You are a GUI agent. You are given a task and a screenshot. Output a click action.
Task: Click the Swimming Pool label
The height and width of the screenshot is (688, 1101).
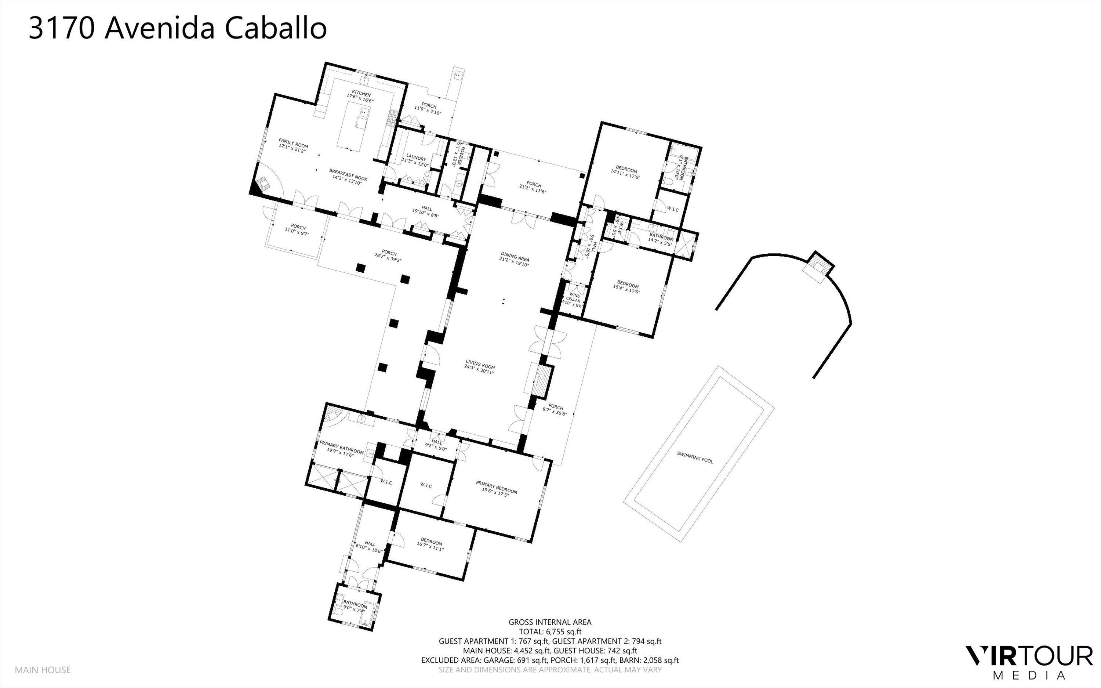694,457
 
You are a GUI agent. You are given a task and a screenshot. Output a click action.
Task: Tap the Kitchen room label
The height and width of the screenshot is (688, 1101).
361,94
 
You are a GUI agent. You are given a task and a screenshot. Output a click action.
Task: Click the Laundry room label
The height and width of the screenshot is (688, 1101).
414,159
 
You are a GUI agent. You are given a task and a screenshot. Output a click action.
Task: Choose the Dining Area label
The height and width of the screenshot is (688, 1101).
515,256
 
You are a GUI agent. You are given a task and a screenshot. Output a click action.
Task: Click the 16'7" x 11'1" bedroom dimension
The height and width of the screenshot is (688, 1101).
430,548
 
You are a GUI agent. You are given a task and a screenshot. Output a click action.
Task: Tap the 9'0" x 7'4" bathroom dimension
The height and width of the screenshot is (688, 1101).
354,610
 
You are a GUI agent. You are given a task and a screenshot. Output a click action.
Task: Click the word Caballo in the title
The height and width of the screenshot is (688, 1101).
276,28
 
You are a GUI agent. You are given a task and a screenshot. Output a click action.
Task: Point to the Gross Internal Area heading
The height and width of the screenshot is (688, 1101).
550,622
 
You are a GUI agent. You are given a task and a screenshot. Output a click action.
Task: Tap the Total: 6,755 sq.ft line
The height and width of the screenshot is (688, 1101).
550,631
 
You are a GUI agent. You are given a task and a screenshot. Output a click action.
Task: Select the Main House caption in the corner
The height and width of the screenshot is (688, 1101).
43,670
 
